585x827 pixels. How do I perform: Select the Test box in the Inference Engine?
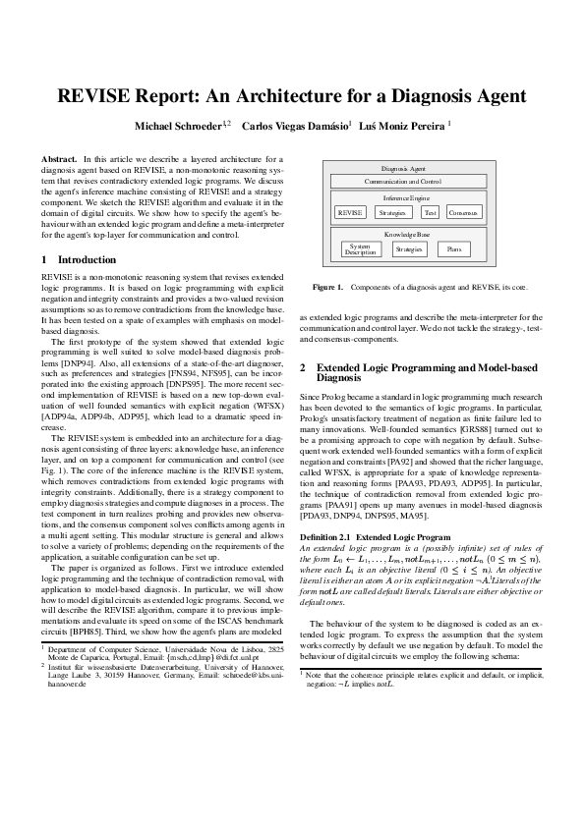click(x=430, y=212)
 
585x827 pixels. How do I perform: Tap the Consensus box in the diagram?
click(x=464, y=212)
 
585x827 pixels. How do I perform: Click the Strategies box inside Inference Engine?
click(x=392, y=212)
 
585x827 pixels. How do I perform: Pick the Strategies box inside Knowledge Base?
click(x=408, y=249)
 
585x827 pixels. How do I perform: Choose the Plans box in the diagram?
click(x=453, y=249)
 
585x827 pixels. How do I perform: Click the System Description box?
click(x=360, y=249)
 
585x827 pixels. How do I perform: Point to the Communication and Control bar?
click(x=403, y=182)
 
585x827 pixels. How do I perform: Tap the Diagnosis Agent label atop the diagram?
click(x=403, y=169)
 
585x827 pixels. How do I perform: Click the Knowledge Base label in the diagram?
click(x=406, y=235)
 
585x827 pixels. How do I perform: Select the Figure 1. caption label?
click(x=326, y=288)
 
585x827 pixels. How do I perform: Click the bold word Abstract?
click(x=59, y=158)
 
